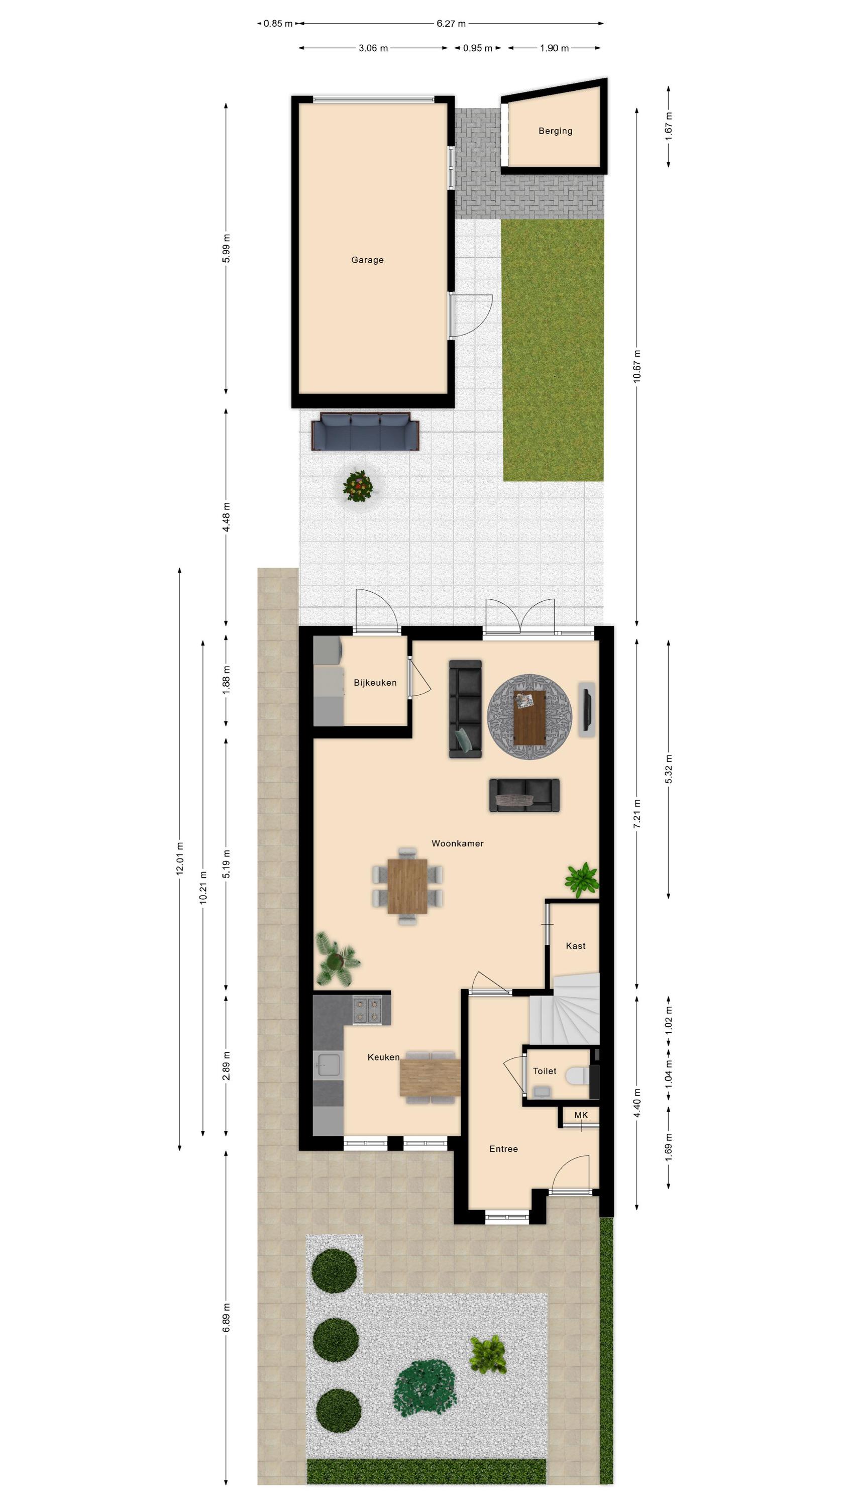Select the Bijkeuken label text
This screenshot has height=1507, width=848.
(375, 682)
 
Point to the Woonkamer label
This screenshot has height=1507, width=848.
(457, 843)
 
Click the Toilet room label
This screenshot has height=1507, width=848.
(544, 1070)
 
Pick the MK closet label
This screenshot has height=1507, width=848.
(581, 1115)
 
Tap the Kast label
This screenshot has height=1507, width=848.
(575, 945)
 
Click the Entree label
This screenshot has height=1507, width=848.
(503, 1148)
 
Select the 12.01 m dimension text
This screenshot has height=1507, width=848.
(180, 858)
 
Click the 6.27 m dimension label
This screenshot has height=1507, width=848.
(451, 24)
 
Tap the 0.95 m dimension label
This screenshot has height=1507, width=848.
(478, 48)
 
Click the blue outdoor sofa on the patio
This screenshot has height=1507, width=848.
(365, 431)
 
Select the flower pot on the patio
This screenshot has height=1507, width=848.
(358, 486)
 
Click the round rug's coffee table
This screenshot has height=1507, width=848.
(529, 717)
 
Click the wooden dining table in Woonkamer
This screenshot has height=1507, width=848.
(407, 886)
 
